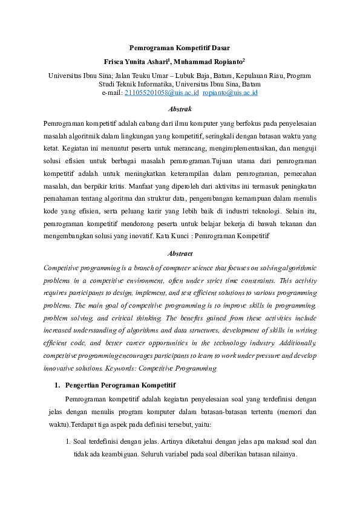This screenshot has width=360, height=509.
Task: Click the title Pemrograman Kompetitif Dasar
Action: coord(180,48)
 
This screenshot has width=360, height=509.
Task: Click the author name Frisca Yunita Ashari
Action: coord(137,62)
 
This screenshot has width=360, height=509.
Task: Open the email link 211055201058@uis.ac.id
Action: coord(161,93)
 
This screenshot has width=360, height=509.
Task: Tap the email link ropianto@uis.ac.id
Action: coord(231,93)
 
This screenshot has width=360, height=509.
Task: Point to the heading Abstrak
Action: coord(180,109)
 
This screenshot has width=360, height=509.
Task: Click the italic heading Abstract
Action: coord(180,254)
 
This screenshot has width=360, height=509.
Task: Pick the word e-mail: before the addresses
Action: coord(112,93)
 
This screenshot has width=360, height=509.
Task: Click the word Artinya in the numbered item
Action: coord(161,443)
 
